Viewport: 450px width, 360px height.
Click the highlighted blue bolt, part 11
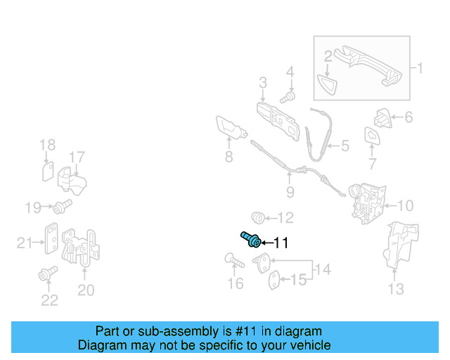pos(251,239)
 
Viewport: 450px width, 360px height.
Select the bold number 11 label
pos(281,243)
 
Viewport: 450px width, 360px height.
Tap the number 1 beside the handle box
pos(420,68)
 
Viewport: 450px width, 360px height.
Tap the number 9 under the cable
pos(290,191)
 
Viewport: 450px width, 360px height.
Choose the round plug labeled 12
pos(258,217)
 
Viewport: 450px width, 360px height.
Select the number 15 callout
pos(299,280)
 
